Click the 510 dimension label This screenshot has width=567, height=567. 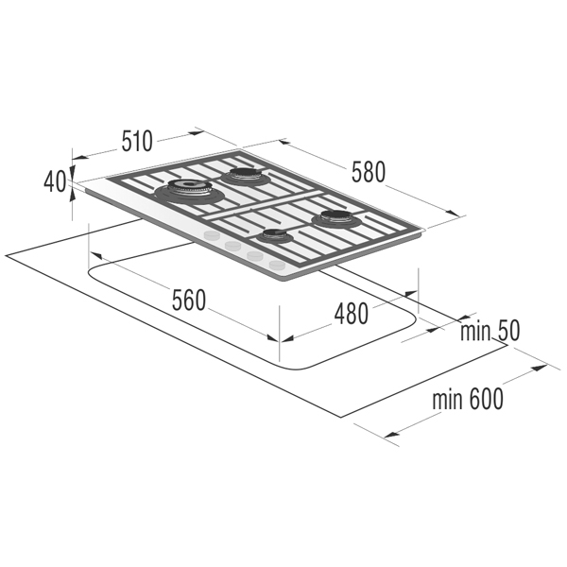click(137, 141)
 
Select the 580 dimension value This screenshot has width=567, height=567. click(369, 172)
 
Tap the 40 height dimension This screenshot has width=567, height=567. click(55, 181)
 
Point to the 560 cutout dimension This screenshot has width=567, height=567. click(189, 300)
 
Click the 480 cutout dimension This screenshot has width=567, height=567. click(352, 314)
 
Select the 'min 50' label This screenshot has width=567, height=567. click(490, 331)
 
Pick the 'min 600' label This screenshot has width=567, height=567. click(468, 399)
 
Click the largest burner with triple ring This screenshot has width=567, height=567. click(190, 192)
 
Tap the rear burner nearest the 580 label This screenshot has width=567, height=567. click(246, 176)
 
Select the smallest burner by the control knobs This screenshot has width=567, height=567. click(274, 236)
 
